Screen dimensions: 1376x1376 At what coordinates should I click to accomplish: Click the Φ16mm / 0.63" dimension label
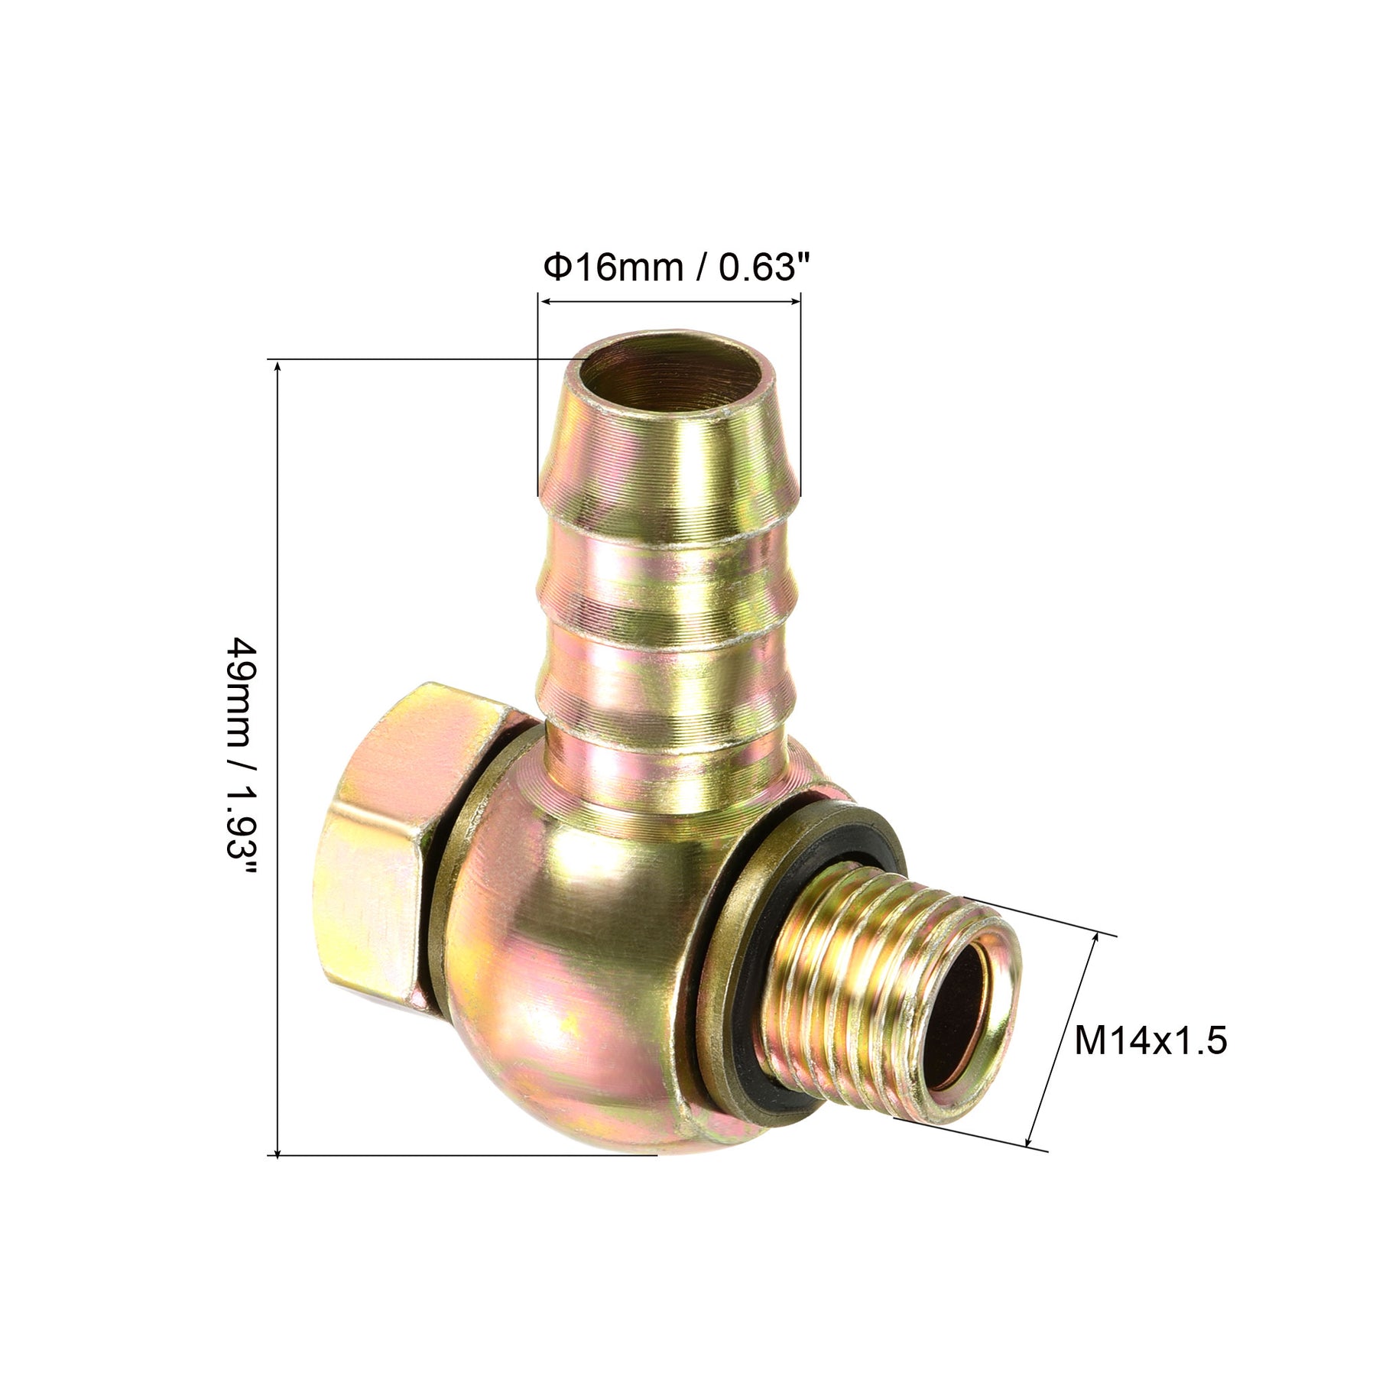point(676,268)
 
